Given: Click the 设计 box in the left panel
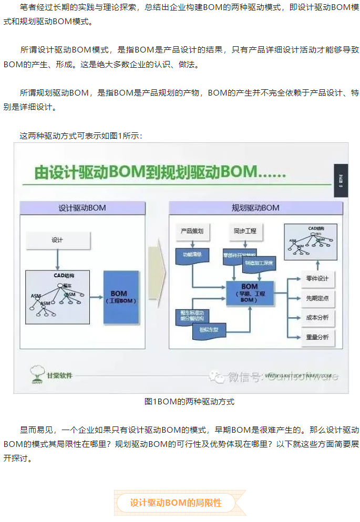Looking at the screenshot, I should [58, 240].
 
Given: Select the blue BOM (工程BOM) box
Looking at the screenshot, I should [122, 297].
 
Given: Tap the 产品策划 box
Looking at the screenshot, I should [192, 231].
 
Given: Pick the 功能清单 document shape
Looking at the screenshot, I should [192, 256].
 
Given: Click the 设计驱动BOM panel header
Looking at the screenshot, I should [82, 207].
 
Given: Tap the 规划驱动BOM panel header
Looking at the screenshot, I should [255, 207].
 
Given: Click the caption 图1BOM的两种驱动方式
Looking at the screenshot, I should [189, 402].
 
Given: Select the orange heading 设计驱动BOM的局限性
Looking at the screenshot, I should [176, 503].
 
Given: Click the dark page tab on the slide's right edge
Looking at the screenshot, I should [341, 181].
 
